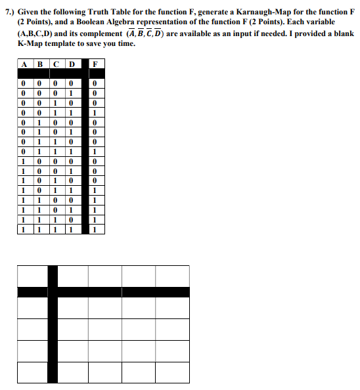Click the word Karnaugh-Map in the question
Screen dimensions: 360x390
coord(222,12)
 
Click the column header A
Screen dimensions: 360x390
coord(24,64)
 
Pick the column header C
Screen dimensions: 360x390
coord(55,64)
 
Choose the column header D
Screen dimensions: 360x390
coord(70,64)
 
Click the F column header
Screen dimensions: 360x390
coord(97,64)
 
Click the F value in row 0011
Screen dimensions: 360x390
coord(97,112)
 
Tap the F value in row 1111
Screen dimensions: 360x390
coord(97,230)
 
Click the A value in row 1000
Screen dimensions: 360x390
coord(24,161)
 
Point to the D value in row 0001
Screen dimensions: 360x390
coord(70,93)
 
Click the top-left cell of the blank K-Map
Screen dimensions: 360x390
coord(32,276)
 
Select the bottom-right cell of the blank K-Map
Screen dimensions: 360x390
coord(171,372)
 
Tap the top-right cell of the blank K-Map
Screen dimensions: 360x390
coord(171,276)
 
